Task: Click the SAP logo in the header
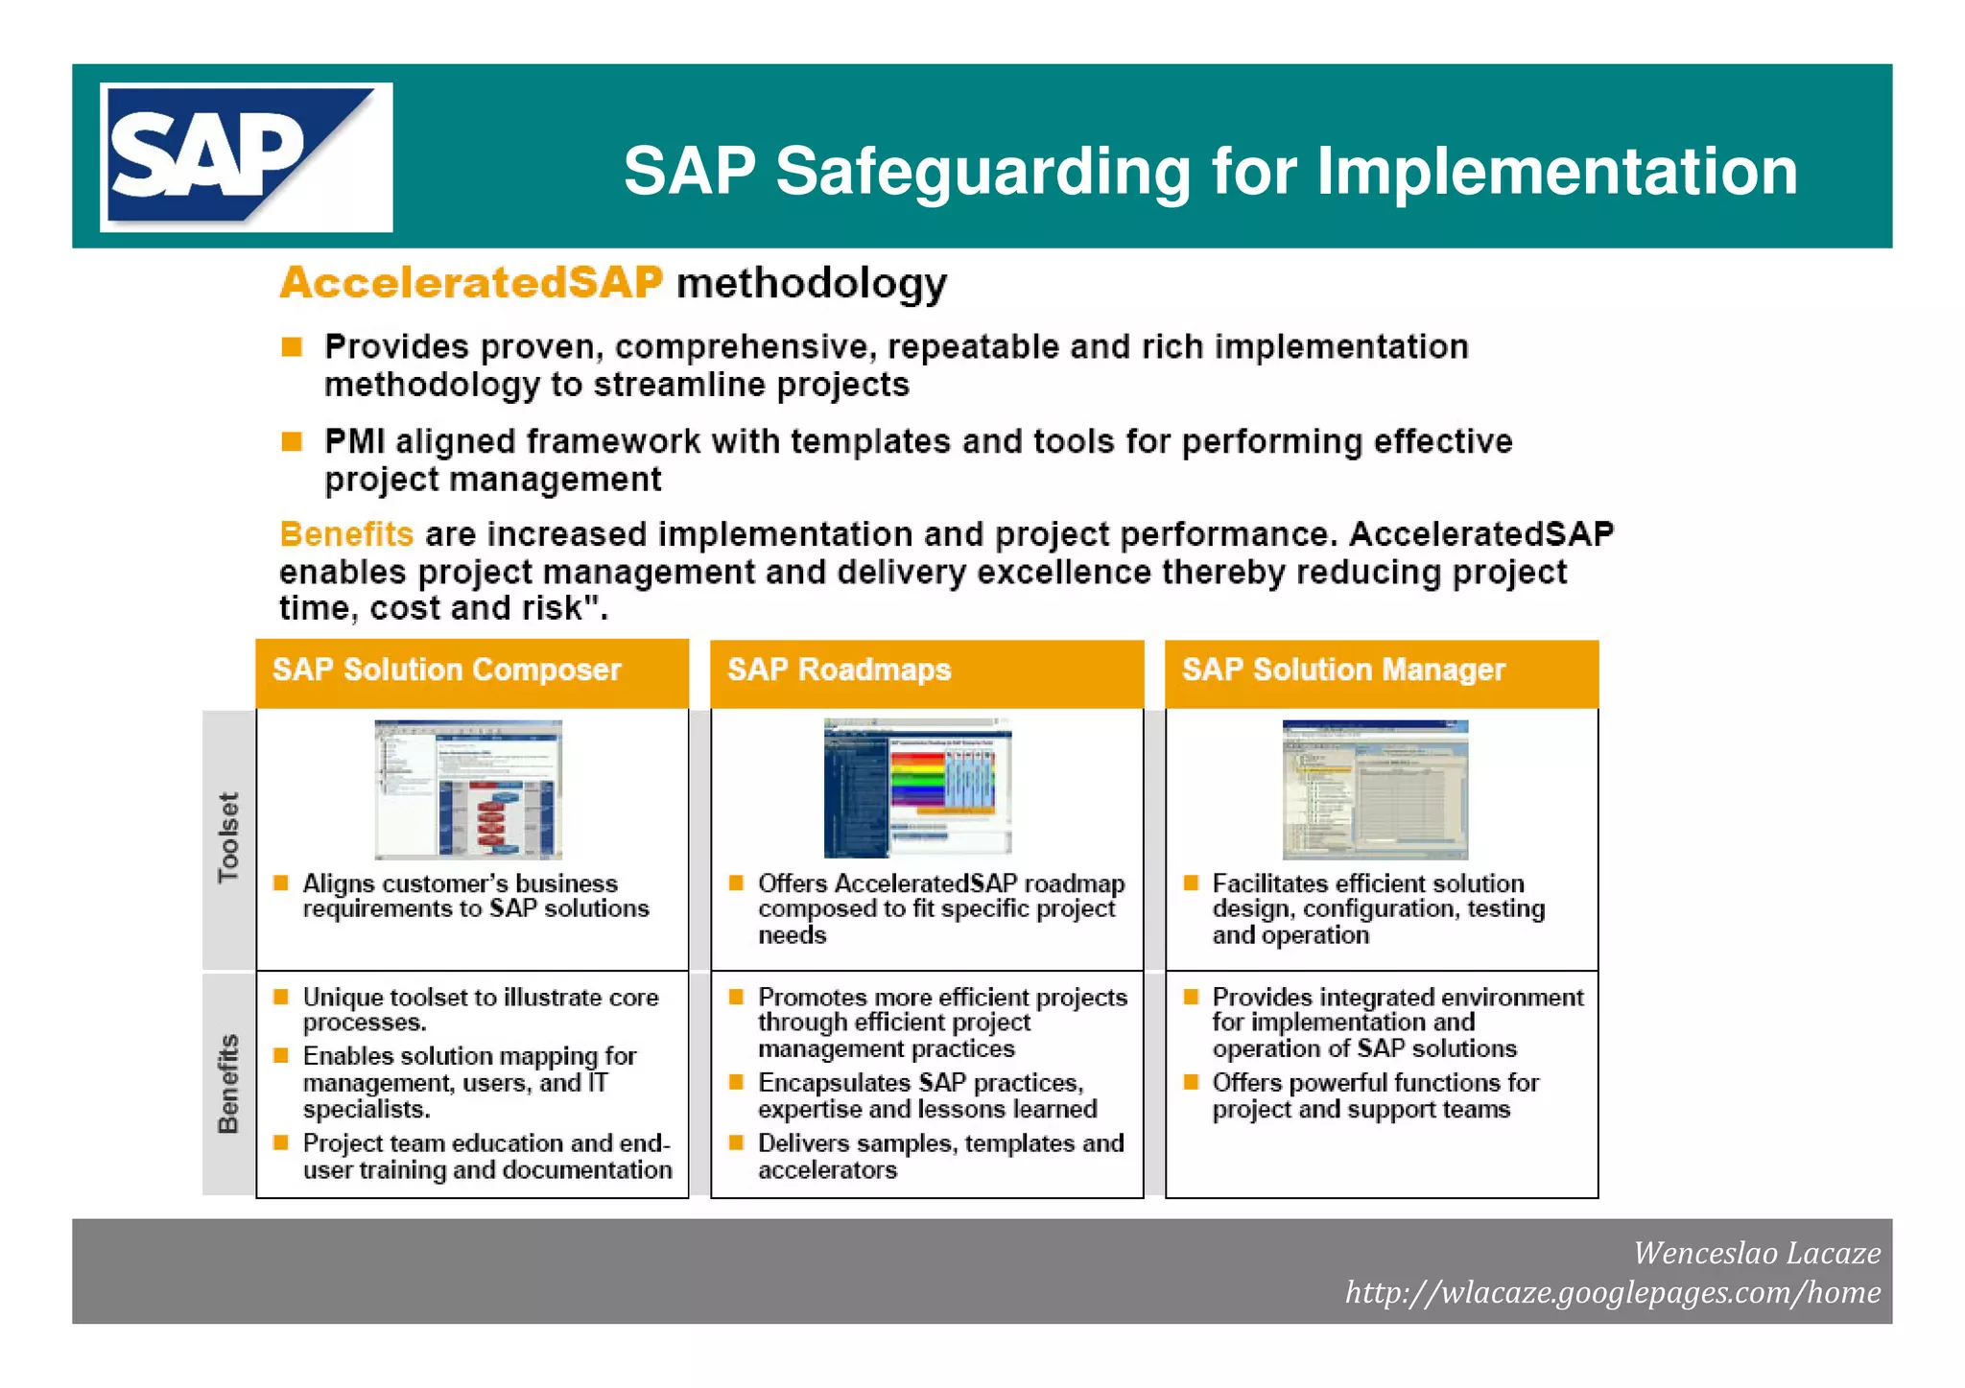click(x=246, y=156)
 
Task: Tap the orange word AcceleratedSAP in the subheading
click(x=471, y=282)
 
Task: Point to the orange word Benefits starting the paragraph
click(x=346, y=533)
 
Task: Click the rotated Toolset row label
click(x=228, y=837)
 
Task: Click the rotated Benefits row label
click(x=228, y=1084)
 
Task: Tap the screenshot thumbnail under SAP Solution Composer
click(x=468, y=788)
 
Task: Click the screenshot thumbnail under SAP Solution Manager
click(x=1375, y=788)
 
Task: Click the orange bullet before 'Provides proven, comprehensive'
click(x=292, y=346)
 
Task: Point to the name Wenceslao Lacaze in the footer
click(x=1756, y=1253)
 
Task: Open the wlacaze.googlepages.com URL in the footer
click(x=1612, y=1292)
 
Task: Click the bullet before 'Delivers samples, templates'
click(x=736, y=1142)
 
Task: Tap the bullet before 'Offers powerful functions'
click(x=1191, y=1082)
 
